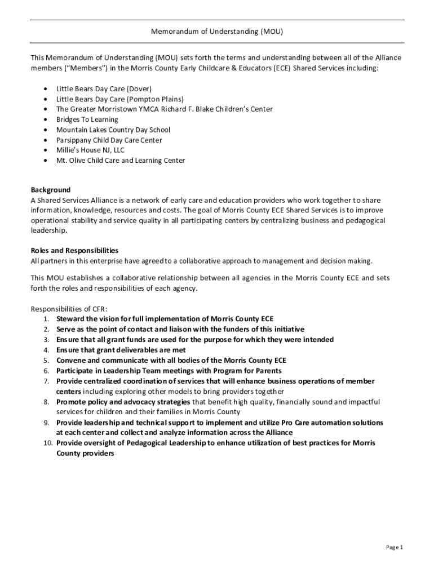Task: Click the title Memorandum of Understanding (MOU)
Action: (216, 32)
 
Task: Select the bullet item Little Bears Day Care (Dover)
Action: (104, 89)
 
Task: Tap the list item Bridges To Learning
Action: (87, 119)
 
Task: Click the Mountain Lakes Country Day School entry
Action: (113, 130)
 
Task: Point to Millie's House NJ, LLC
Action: (90, 150)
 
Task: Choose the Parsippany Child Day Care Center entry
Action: (109, 140)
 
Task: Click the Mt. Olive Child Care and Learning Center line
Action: (120, 161)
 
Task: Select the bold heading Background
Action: (50, 190)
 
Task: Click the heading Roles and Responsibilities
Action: (74, 250)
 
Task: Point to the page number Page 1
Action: (394, 547)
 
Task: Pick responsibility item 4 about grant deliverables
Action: (121, 350)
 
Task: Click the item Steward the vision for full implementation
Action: (165, 319)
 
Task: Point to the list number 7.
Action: (46, 381)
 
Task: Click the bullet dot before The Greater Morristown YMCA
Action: (45, 109)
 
